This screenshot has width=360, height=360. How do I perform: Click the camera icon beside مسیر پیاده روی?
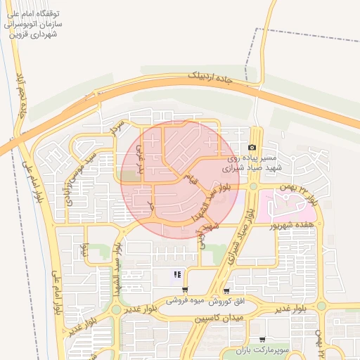[252, 147]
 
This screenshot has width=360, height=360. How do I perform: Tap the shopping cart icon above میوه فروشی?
[184, 290]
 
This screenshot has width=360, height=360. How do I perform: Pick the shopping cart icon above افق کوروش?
[226, 290]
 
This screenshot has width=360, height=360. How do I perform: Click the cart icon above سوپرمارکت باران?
[262, 340]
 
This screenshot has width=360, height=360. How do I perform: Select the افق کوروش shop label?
[228, 301]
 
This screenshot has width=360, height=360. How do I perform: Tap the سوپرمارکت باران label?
[262, 349]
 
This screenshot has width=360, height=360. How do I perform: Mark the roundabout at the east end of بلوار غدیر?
[321, 306]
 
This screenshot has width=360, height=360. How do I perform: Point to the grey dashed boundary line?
[309, 32]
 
